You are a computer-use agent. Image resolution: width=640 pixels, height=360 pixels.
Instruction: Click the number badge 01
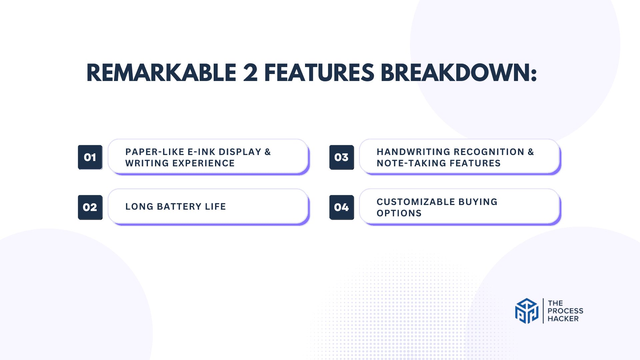click(x=90, y=157)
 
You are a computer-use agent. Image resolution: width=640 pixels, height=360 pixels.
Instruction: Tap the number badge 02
click(x=90, y=207)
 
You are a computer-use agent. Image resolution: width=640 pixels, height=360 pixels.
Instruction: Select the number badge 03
click(x=341, y=157)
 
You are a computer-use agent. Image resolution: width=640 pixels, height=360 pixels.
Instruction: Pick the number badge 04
click(x=341, y=207)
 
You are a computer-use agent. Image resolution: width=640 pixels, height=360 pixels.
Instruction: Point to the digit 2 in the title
click(x=250, y=73)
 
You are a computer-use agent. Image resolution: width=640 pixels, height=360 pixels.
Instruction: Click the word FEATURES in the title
click(x=319, y=73)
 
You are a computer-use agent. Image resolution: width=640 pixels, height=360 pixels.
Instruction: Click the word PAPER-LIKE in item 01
click(x=155, y=152)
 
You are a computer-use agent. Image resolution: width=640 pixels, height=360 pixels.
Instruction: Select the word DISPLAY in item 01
click(x=240, y=152)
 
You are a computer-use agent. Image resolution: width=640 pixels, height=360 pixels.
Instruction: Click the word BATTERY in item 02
click(x=179, y=207)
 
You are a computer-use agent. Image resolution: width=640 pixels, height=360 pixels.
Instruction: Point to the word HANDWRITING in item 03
click(x=413, y=152)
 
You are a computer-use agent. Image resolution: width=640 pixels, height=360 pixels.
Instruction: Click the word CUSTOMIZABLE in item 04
click(x=416, y=202)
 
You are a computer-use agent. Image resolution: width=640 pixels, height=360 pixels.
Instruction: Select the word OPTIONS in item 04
click(x=399, y=213)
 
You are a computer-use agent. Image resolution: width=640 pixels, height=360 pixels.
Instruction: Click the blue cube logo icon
click(x=527, y=311)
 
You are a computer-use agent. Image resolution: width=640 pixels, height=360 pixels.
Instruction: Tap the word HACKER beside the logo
click(x=563, y=319)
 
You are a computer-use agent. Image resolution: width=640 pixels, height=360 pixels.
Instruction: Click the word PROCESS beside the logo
click(x=565, y=311)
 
